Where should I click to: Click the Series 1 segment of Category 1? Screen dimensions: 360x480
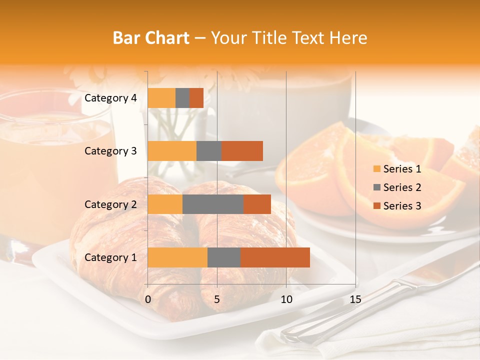point(177,257)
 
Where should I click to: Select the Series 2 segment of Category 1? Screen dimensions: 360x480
point(224,257)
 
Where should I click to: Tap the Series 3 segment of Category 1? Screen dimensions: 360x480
point(275,257)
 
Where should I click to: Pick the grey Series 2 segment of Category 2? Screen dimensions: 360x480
point(213,204)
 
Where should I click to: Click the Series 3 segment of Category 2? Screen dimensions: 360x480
point(257,204)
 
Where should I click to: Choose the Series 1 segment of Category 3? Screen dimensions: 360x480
point(172,151)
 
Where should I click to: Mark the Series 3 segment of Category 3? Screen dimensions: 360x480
point(242,151)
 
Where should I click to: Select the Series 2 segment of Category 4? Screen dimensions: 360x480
point(182,98)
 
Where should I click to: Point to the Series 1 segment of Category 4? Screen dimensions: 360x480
point(161,98)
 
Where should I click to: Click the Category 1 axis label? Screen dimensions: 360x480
point(110,257)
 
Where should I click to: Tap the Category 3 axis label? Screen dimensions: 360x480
point(110,151)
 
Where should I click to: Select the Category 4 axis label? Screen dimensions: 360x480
point(110,98)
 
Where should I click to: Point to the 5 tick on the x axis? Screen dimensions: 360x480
point(217,299)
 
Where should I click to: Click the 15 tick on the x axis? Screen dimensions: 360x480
point(355,299)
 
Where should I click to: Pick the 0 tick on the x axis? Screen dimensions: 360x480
point(148,299)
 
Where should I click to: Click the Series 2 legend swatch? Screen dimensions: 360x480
point(376,187)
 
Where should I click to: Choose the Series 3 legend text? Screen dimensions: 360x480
point(402,206)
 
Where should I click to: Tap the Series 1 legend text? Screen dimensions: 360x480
point(402,169)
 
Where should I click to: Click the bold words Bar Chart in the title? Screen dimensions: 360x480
point(151,38)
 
